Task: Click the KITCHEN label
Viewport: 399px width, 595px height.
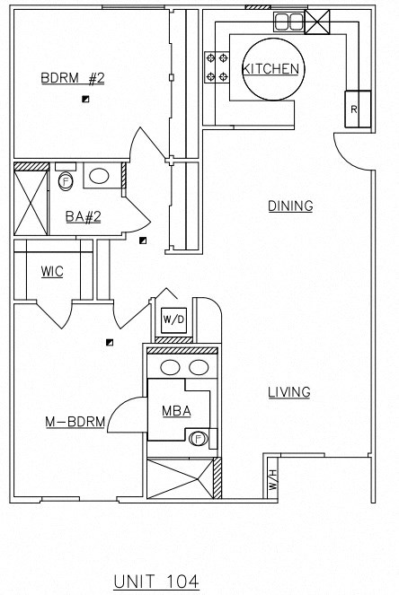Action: coord(271,69)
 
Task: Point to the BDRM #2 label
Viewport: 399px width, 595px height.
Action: coord(73,78)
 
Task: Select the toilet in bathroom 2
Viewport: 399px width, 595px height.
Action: coord(66,182)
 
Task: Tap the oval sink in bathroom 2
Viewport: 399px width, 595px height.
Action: coord(101,176)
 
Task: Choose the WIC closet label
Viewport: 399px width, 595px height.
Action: coord(52,272)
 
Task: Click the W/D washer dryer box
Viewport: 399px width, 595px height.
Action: coord(173,320)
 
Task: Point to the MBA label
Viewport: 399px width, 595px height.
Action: coord(174,412)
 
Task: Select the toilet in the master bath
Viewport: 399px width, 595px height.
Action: coord(199,438)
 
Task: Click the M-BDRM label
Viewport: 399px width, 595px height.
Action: coord(75,421)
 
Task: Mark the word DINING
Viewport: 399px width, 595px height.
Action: coord(290,206)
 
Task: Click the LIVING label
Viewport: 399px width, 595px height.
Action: coord(289,392)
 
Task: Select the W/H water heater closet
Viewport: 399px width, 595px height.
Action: coord(271,478)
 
